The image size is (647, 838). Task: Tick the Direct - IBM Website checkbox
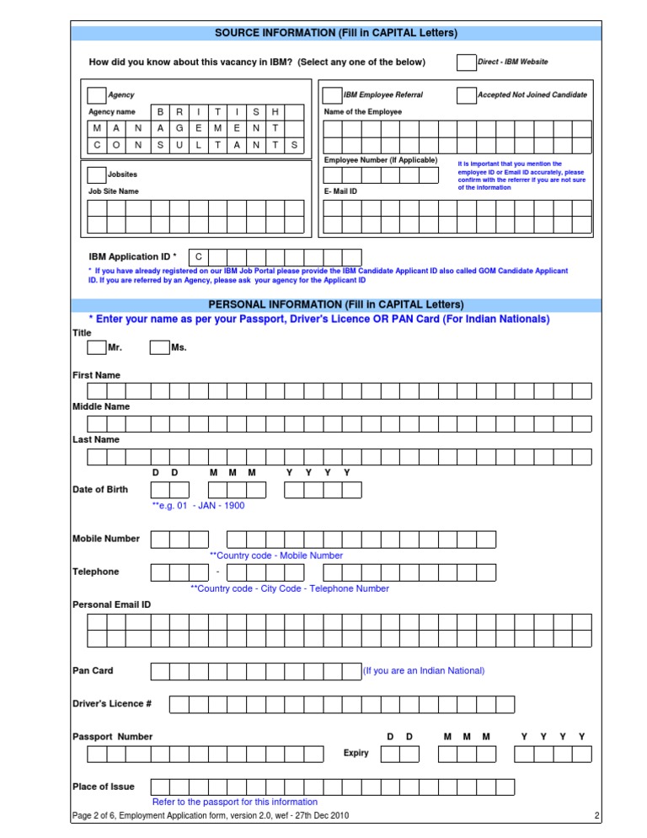click(466, 62)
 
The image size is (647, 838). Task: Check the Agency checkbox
click(97, 95)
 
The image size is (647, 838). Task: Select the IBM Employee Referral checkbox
click(332, 95)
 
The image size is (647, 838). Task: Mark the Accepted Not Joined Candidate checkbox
click(466, 95)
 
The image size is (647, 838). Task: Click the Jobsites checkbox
click(97, 175)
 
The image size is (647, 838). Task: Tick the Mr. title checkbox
click(97, 347)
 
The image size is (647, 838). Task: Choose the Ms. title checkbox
click(160, 347)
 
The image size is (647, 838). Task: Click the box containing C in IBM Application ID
click(198, 256)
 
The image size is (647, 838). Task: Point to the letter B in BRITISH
click(160, 112)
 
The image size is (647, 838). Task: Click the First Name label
click(96, 374)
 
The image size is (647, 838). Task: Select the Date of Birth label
click(100, 489)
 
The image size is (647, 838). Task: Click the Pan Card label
click(93, 670)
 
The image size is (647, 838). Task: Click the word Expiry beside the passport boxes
click(356, 753)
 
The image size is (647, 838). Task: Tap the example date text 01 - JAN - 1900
click(199, 506)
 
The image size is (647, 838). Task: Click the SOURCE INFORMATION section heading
click(336, 33)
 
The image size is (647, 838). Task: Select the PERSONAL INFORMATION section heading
click(336, 304)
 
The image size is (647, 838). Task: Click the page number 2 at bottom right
click(596, 816)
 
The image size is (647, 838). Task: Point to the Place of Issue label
click(103, 786)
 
